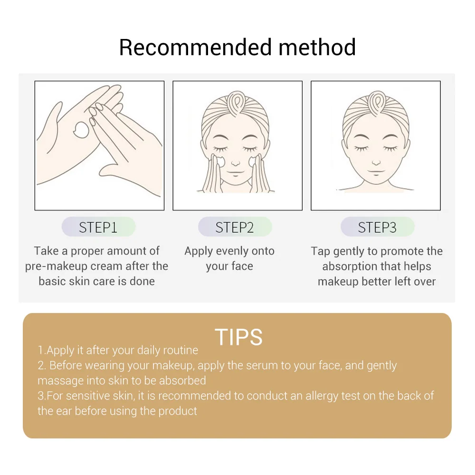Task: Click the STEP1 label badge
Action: point(98,227)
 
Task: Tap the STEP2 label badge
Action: point(235,227)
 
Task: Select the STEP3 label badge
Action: point(377,227)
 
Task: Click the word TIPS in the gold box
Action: point(238,337)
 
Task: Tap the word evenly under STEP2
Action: point(232,251)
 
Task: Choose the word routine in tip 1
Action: point(180,351)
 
